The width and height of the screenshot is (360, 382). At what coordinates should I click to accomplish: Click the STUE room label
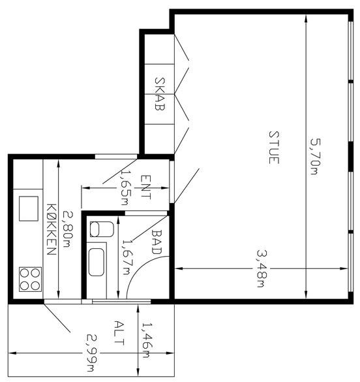pyautogui.click(x=274, y=148)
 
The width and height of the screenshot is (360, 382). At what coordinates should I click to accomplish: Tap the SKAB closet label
pyautogui.click(x=160, y=94)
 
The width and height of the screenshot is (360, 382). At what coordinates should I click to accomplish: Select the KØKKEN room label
pyautogui.click(x=52, y=229)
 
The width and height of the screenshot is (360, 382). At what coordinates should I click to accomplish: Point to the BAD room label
pyautogui.click(x=157, y=242)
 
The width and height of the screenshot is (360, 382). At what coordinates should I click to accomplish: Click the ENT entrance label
pyautogui.click(x=145, y=187)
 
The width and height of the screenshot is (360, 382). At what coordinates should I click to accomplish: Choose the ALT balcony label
pyautogui.click(x=119, y=333)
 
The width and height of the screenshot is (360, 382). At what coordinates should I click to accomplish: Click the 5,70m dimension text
pyautogui.click(x=315, y=157)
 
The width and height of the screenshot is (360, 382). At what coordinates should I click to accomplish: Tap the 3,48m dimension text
pyautogui.click(x=262, y=269)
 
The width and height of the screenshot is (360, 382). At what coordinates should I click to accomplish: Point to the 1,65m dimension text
pyautogui.click(x=126, y=187)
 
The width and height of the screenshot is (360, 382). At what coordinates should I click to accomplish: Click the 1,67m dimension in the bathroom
pyautogui.click(x=127, y=257)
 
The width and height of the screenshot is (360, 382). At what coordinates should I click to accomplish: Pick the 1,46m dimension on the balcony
pyautogui.click(x=147, y=340)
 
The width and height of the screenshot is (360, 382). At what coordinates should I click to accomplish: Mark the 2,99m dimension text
pyautogui.click(x=92, y=353)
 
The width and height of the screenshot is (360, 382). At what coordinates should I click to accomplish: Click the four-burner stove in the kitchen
pyautogui.click(x=30, y=279)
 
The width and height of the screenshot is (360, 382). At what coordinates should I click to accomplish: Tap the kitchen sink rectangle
pyautogui.click(x=29, y=208)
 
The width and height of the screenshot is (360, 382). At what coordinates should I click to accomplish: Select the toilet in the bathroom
pyautogui.click(x=102, y=229)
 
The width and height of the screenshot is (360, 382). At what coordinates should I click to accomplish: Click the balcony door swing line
pyautogui.click(x=57, y=318)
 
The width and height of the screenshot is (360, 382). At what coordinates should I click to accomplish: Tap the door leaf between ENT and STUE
pyautogui.click(x=187, y=185)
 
